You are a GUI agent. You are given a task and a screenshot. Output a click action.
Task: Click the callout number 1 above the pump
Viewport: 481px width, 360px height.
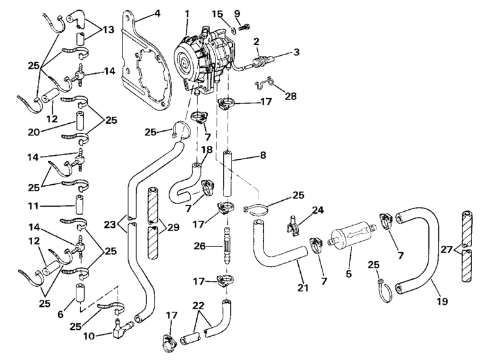coord(187,13)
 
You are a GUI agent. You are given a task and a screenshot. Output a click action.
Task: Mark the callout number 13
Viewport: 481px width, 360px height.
coord(108,29)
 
